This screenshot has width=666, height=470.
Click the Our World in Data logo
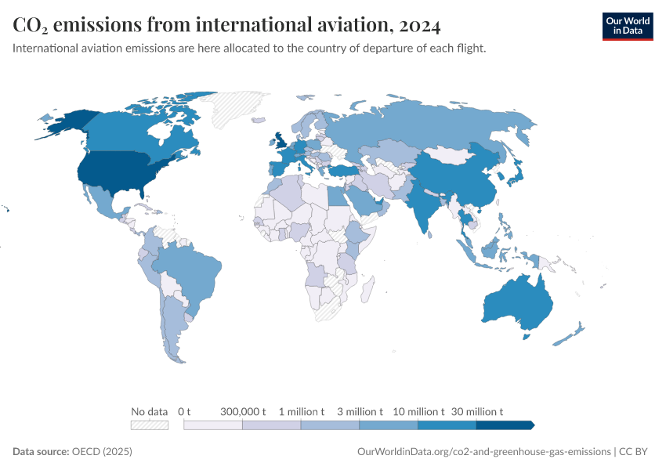[x=627, y=26]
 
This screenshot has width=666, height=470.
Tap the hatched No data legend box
[x=150, y=425]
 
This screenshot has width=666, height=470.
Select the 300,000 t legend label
[x=243, y=411]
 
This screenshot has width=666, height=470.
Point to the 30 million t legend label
[x=476, y=411]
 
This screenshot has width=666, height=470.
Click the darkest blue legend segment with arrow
[x=505, y=425]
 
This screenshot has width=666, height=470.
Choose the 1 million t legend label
[x=302, y=411]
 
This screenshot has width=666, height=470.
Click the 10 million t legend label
[x=418, y=411]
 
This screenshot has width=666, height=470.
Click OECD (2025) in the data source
[x=102, y=452]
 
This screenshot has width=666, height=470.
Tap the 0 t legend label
[x=184, y=411]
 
